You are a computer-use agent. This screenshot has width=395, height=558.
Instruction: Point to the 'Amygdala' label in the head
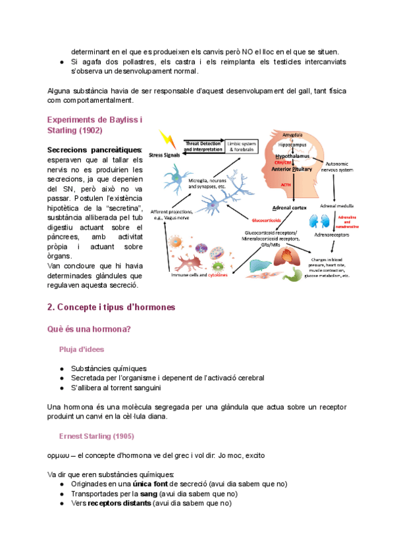[x=292, y=135]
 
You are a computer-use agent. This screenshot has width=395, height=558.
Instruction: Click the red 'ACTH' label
[x=286, y=186]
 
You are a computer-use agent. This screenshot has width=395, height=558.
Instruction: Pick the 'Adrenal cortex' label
[x=286, y=207]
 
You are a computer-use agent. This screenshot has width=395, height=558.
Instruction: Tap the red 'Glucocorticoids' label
[x=269, y=219]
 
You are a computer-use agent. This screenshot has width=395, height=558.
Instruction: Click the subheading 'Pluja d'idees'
[x=81, y=349]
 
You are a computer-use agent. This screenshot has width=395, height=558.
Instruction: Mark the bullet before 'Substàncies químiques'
[x=61, y=368]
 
